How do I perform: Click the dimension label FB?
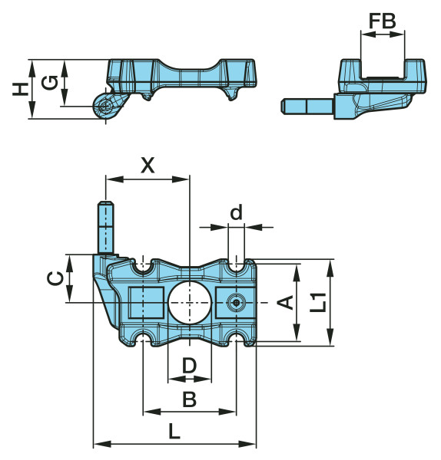[382, 21]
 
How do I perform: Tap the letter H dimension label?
[20, 89]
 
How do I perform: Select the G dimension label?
[49, 83]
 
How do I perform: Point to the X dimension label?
[148, 165]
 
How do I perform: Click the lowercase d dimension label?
[236, 212]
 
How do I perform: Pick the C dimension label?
[55, 278]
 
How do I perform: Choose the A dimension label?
[286, 303]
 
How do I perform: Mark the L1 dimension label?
[318, 303]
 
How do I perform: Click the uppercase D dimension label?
[189, 365]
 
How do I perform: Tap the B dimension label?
[189, 399]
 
